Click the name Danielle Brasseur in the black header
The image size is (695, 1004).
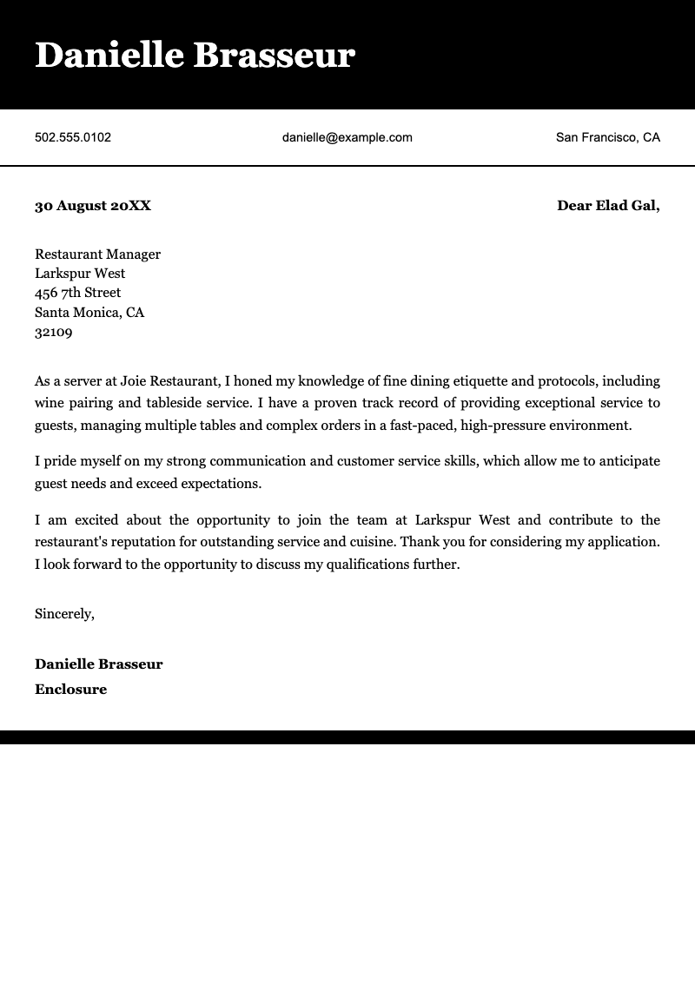[195, 56]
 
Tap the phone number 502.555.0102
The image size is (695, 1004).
[73, 137]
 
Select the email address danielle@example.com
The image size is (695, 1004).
[347, 137]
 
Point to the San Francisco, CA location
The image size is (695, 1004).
[607, 137]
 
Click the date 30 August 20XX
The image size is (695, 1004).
[93, 206]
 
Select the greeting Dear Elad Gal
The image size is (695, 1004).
[607, 206]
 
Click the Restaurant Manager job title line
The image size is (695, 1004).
[97, 254]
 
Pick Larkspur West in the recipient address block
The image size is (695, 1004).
[80, 274]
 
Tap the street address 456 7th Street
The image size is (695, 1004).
[77, 293]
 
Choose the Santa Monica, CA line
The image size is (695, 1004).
[89, 313]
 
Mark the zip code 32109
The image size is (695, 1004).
[53, 332]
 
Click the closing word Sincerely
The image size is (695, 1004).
[64, 614]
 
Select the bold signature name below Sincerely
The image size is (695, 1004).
[98, 664]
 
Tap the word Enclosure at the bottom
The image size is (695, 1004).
[70, 690]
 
